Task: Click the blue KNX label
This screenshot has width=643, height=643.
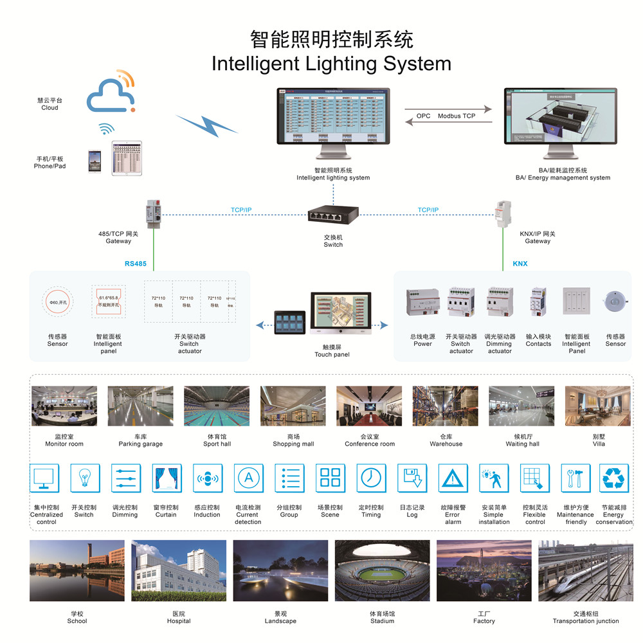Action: click(520, 264)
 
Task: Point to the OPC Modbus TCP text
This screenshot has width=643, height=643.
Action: click(446, 116)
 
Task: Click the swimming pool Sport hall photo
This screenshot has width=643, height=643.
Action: click(217, 406)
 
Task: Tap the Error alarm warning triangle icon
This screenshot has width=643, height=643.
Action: click(453, 478)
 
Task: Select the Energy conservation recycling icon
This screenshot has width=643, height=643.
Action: click(613, 478)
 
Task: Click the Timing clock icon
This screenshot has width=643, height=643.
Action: click(371, 478)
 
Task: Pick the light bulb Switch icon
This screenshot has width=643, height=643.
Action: click(84, 478)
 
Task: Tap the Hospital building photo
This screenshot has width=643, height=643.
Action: click(179, 570)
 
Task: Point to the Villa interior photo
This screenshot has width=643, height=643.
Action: click(598, 406)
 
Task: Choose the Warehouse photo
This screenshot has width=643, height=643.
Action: click(446, 406)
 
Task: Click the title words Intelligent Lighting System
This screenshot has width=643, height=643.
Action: click(331, 64)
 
